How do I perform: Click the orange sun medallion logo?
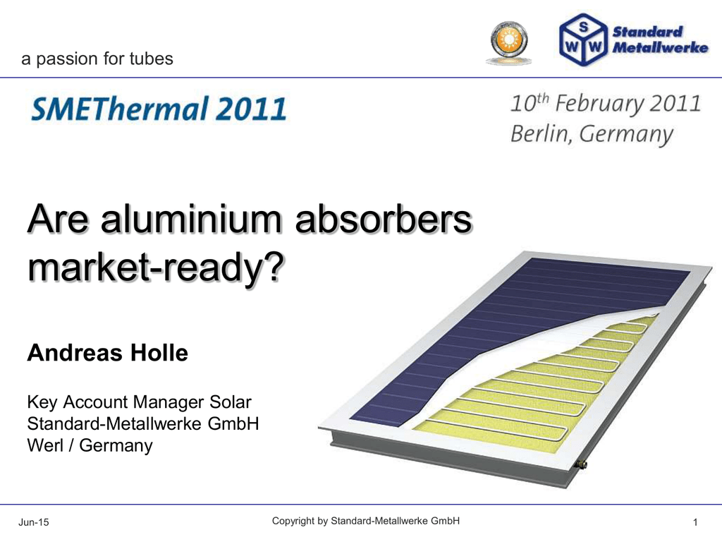509,42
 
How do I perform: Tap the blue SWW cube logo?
583,40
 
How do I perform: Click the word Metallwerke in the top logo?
660,47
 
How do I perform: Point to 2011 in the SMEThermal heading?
252,109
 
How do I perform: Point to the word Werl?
45,445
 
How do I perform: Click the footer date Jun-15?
34,522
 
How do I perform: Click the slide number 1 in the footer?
695,522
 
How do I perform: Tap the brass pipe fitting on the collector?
582,464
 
